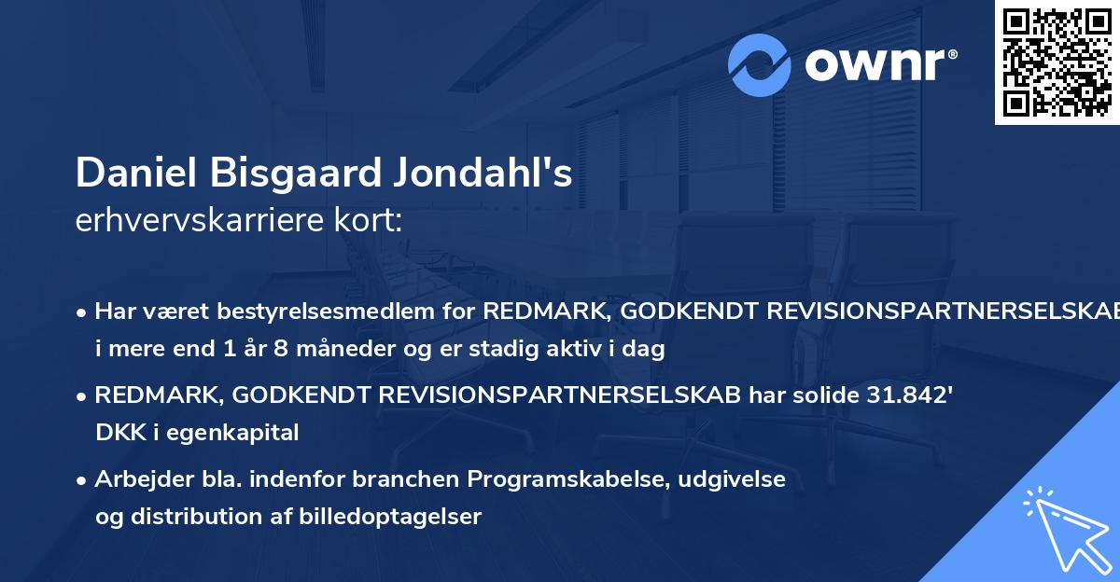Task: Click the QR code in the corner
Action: pyautogui.click(x=1057, y=62)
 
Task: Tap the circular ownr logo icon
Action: pyautogui.click(x=760, y=64)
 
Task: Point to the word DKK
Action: pyautogui.click(x=116, y=432)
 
